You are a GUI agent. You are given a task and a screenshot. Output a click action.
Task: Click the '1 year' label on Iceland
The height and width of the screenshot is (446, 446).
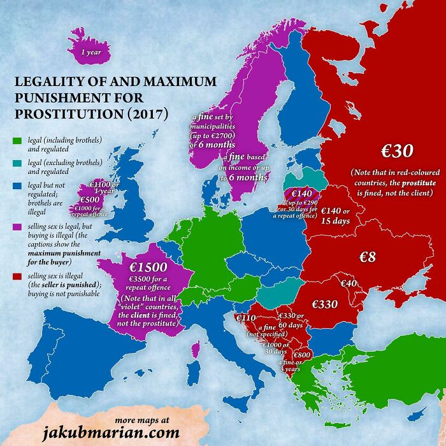pyautogui.click(x=91, y=52)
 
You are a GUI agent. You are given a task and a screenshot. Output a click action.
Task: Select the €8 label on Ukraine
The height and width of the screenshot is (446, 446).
pyautogui.click(x=368, y=257)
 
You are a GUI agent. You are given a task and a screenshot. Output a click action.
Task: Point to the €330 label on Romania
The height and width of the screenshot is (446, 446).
pyautogui.click(x=324, y=305)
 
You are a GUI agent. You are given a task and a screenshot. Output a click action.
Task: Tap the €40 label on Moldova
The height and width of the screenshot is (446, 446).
pyautogui.click(x=348, y=283)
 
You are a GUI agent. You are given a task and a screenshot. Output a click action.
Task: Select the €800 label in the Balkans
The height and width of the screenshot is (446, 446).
pyautogui.click(x=301, y=355)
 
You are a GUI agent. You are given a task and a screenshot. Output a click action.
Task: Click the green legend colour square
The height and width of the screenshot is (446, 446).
pyautogui.click(x=18, y=140)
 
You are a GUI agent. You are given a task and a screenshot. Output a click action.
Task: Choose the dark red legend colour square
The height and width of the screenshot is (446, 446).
pyautogui.click(x=18, y=276)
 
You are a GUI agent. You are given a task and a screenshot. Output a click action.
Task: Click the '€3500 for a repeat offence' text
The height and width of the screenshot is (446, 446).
pyautogui.click(x=149, y=284)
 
